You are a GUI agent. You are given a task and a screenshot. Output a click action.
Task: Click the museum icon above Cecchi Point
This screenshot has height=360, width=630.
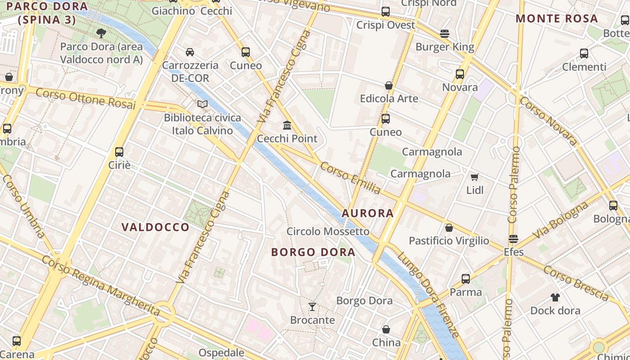(x=287, y=125)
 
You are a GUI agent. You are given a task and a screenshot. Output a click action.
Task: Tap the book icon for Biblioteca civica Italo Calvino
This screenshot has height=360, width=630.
(x=202, y=104)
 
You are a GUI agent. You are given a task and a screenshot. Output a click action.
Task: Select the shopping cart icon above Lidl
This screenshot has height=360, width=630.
(x=474, y=177)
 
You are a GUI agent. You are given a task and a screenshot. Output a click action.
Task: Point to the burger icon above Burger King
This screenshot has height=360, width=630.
(x=445, y=34)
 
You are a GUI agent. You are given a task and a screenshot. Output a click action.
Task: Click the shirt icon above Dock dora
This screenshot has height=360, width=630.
(x=555, y=297)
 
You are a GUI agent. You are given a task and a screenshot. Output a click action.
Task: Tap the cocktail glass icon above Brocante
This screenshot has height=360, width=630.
(x=312, y=307)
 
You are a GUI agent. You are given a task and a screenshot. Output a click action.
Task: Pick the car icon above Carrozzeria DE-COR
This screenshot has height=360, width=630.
(x=190, y=52)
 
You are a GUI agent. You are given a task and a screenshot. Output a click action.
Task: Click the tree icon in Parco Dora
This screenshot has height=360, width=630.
(x=101, y=33)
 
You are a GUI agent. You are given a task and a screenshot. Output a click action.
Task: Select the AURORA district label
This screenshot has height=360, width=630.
(x=368, y=213)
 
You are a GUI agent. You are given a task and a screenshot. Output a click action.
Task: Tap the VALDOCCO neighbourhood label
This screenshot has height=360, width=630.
(x=156, y=227)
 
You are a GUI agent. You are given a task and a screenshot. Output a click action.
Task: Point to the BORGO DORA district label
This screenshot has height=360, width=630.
(x=313, y=252)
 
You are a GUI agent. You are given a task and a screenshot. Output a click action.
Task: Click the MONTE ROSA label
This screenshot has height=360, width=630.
(x=557, y=19)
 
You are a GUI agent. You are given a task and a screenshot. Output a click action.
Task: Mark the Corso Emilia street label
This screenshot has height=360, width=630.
(x=350, y=178)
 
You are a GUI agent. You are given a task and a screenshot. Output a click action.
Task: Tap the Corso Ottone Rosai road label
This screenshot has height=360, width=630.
(x=85, y=99)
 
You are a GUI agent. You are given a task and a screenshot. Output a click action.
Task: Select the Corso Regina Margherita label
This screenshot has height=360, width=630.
(x=101, y=285)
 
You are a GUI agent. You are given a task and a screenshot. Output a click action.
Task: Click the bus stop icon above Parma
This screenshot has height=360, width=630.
(x=466, y=279)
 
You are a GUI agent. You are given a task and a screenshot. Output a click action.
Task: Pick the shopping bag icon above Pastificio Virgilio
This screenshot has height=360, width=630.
(x=449, y=228)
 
